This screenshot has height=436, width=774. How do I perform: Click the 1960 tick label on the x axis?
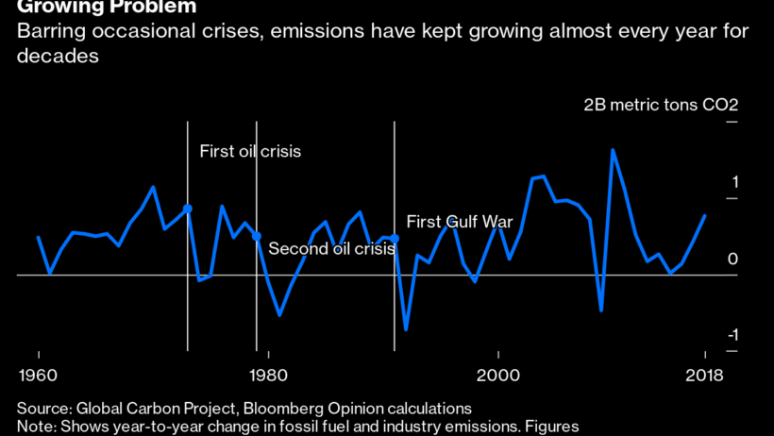coord(39,377)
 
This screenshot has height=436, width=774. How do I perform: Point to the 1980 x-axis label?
coord(268,377)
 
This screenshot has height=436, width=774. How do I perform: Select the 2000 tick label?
coord(497,377)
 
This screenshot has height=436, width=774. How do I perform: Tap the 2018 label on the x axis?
coord(704,377)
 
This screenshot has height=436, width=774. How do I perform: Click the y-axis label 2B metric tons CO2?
coord(661,105)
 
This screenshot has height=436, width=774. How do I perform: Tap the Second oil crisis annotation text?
coord(331,249)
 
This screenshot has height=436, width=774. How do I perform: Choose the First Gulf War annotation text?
coord(459,222)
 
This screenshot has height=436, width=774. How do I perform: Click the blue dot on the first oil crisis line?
coord(188,209)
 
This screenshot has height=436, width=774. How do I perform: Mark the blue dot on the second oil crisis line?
coord(257,236)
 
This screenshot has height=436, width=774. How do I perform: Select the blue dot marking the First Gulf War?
coord(394,239)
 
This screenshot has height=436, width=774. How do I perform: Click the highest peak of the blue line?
coord(613,150)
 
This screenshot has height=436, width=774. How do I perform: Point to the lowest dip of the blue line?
coord(406,329)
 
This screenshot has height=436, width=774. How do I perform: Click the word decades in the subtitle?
coord(58,57)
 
